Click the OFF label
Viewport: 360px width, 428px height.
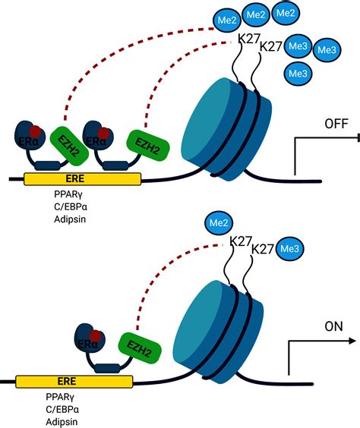tap(336, 124)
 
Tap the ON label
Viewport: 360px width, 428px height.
tap(333, 326)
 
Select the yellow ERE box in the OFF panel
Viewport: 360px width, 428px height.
tap(83, 179)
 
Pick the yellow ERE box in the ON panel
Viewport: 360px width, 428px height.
tap(74, 381)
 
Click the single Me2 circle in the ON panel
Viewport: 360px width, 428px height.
tap(219, 223)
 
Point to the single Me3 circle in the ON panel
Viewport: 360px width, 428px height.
tap(289, 249)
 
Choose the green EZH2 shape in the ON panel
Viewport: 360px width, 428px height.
tap(139, 348)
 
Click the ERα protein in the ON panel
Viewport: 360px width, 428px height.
tap(90, 338)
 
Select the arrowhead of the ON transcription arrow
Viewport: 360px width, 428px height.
tap(352, 341)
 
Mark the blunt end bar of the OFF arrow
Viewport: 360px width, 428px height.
tap(358, 138)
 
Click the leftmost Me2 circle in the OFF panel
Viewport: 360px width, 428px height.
tap(227, 20)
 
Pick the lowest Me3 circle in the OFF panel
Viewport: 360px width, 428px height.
tap(298, 74)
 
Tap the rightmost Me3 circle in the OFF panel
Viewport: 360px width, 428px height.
tap(327, 50)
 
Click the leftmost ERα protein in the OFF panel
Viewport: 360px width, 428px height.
tap(30, 136)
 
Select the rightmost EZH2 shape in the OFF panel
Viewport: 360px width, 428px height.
tap(148, 146)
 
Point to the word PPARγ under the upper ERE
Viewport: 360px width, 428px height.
tap(68, 194)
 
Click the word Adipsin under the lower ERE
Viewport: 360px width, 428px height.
tap(62, 422)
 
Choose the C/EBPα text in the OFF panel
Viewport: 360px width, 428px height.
tap(71, 207)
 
